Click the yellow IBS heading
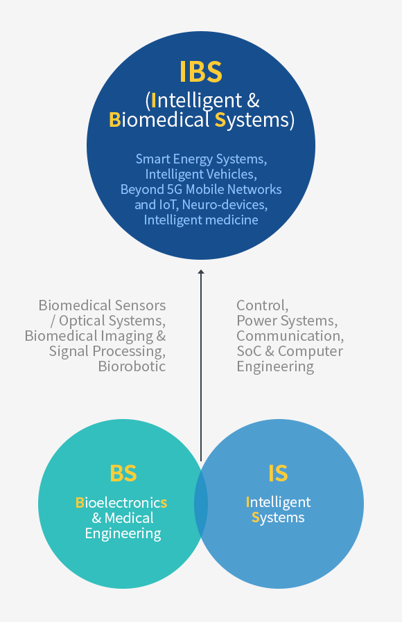[x=201, y=71]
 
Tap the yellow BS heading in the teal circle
[x=123, y=473]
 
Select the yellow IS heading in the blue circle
[x=278, y=473]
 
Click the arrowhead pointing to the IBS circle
[x=201, y=273]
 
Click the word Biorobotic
[x=132, y=366]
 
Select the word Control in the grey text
[x=261, y=305]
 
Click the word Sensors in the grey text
[x=141, y=305]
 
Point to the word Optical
[x=81, y=321]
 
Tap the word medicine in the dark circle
[x=231, y=220]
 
